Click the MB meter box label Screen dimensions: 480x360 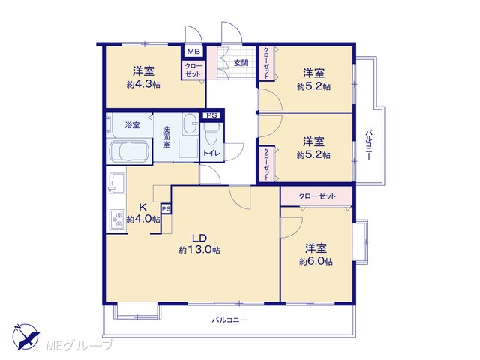click(193, 52)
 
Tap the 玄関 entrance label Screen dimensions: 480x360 click(241, 63)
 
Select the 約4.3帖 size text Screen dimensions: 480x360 click(143, 85)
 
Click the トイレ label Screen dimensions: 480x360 click(211, 153)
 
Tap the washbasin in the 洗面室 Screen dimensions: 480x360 click(190, 123)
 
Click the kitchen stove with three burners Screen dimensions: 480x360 click(117, 220)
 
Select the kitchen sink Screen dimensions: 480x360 click(116, 183)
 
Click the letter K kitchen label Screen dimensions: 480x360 click(142, 208)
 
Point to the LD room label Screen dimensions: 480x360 click(199, 238)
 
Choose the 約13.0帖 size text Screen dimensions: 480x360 click(199, 250)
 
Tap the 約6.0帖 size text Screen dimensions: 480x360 click(316, 262)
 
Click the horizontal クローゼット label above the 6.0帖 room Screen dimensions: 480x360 click(317, 196)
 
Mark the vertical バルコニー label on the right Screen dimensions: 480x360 click(369, 145)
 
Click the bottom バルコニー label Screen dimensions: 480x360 click(229, 320)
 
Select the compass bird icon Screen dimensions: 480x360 click(25, 336)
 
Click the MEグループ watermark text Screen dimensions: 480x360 click(79, 345)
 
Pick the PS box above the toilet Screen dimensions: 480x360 click(211, 115)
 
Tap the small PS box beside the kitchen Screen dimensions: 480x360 click(166, 209)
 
